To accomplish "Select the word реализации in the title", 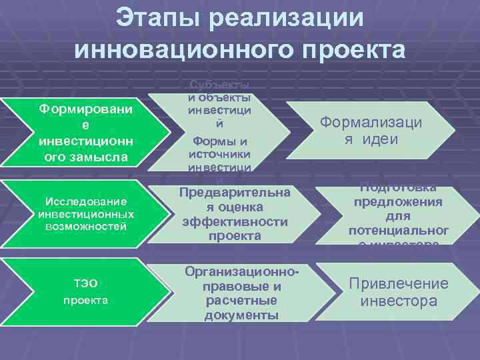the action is (x=287, y=19).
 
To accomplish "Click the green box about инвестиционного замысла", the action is (x=83, y=132).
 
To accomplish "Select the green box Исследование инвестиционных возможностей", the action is (x=83, y=213).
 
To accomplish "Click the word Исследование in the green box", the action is (x=85, y=201).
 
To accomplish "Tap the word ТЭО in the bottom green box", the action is (x=85, y=285).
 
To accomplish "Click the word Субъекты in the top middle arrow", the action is (x=220, y=85).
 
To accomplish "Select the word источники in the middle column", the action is (x=220, y=154).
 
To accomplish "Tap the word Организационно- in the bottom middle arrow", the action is (x=241, y=273).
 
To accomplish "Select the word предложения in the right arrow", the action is (x=397, y=202).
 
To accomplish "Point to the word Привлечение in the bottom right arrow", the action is (x=399, y=284).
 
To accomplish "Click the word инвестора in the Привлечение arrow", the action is (x=399, y=301).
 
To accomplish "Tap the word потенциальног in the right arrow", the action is (x=398, y=231).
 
